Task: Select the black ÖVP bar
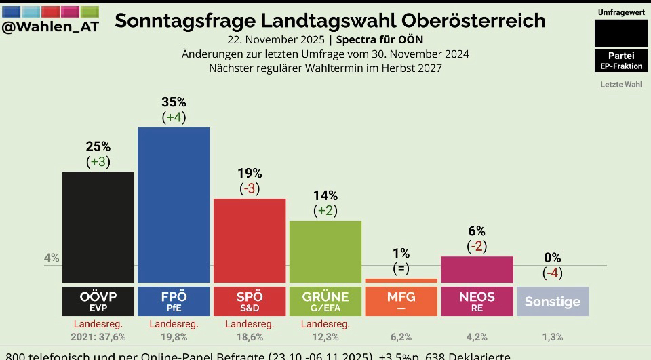click(x=98, y=227)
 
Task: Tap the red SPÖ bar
click(x=250, y=241)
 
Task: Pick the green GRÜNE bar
click(x=325, y=252)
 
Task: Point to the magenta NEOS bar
click(x=477, y=269)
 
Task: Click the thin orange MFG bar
click(x=401, y=281)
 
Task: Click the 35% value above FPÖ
click(x=174, y=102)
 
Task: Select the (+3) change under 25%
click(x=98, y=162)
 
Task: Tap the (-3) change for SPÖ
click(x=250, y=188)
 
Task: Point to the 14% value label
click(x=325, y=196)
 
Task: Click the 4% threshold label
click(x=52, y=258)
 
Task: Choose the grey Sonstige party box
click(x=552, y=301)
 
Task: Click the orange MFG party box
click(x=401, y=301)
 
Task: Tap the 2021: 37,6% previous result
click(x=98, y=337)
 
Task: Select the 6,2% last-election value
click(x=401, y=337)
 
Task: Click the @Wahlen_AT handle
click(x=50, y=26)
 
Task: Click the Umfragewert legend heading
click(x=621, y=13)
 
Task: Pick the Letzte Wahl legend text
click(x=621, y=85)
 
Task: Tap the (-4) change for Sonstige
click(x=552, y=273)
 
